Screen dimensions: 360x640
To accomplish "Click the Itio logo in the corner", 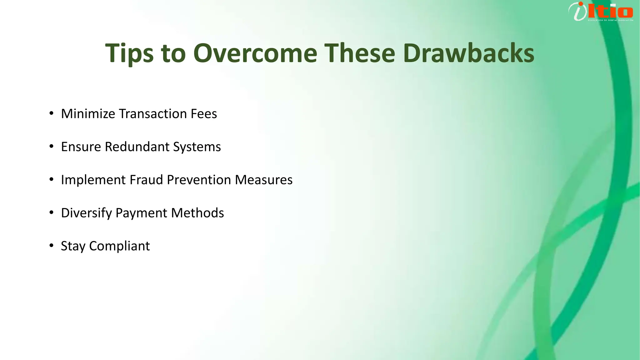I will point(601,12).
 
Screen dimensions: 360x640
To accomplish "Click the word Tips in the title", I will point(129,53).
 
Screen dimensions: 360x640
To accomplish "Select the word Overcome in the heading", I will point(255,53).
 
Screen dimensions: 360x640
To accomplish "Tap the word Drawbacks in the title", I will point(468,53).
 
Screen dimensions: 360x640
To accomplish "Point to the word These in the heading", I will point(360,53).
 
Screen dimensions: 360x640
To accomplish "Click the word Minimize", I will point(88,114).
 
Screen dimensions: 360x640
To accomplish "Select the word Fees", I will point(204,114).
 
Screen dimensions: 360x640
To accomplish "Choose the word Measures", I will point(264,180).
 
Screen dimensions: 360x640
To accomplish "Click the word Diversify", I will point(86,213).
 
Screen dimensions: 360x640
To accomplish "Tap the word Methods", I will point(197,213).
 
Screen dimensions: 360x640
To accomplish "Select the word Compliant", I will point(119,246).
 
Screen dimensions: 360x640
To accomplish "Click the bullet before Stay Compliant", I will point(52,246).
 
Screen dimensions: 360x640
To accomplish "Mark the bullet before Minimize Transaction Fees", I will point(52,113).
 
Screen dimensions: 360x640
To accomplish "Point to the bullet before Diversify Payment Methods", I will point(52,213).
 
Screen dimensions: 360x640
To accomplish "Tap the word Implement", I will point(93,180).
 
